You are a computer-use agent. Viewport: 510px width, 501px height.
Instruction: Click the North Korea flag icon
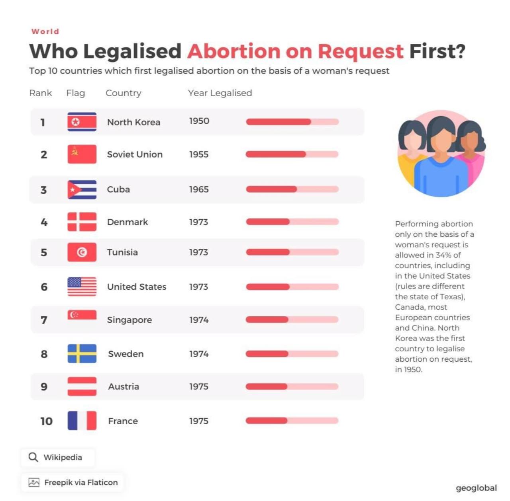82,122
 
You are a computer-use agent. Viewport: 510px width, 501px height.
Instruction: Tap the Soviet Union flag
82,154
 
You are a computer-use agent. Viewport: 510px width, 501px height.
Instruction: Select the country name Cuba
118,189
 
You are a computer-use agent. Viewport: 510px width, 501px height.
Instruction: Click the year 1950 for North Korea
199,121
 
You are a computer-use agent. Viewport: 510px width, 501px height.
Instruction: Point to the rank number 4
44,222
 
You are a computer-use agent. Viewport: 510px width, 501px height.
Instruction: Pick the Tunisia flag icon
82,252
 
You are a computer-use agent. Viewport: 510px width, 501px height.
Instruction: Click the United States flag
82,287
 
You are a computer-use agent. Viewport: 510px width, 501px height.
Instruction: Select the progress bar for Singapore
292,320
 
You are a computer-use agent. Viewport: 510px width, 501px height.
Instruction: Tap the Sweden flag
82,354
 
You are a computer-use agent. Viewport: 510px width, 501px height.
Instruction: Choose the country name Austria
124,386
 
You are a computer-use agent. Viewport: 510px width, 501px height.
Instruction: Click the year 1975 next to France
199,421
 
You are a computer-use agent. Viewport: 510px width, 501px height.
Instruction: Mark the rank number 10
46,421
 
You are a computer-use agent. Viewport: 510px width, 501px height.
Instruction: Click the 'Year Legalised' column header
220,93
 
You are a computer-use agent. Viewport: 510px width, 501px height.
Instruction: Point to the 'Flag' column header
75,93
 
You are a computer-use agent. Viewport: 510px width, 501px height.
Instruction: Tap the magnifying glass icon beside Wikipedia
33,457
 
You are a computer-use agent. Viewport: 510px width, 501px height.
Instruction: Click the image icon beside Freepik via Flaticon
34,483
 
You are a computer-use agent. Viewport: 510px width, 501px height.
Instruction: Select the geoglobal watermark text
476,488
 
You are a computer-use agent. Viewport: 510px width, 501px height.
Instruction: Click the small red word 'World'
45,31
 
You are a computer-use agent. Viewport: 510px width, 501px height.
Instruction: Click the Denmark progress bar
292,222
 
